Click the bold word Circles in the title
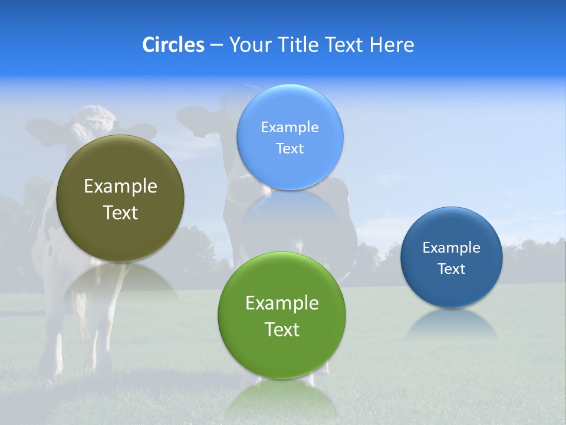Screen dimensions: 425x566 click(173, 45)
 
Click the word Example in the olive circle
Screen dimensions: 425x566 click(120, 187)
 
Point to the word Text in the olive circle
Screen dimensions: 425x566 click(120, 212)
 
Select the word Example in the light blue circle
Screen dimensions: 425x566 click(289, 127)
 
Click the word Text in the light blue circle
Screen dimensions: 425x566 click(289, 149)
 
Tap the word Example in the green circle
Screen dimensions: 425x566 click(282, 303)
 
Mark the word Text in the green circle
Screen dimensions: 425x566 click(282, 329)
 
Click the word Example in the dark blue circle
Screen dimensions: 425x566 click(452, 248)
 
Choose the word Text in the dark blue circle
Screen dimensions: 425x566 click(452, 269)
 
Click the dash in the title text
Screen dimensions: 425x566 click(216, 45)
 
